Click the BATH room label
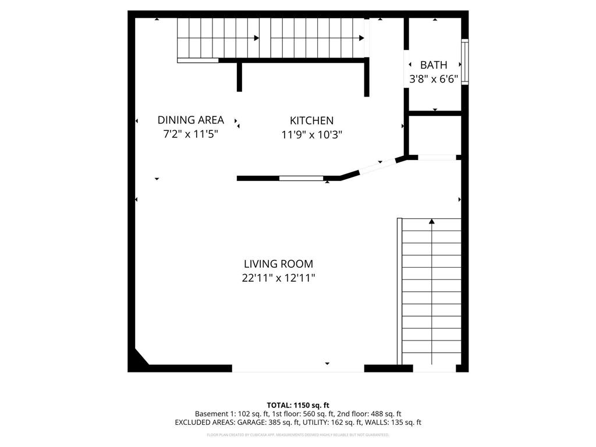[x=434, y=65]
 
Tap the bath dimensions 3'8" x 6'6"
[x=434, y=79]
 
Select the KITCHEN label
[x=311, y=120]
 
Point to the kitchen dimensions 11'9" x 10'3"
[x=311, y=134]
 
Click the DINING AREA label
[x=190, y=120]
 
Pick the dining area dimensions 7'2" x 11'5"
[x=190, y=134]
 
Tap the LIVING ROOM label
[x=278, y=264]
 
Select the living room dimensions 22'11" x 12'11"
[x=278, y=278]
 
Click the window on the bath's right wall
[x=464, y=62]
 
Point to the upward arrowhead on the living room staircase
[x=431, y=221]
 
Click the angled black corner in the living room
[x=138, y=359]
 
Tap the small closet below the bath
[x=435, y=135]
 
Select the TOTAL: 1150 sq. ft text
[x=298, y=405]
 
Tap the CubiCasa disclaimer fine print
[x=298, y=435]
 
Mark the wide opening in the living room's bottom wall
[x=298, y=368]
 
